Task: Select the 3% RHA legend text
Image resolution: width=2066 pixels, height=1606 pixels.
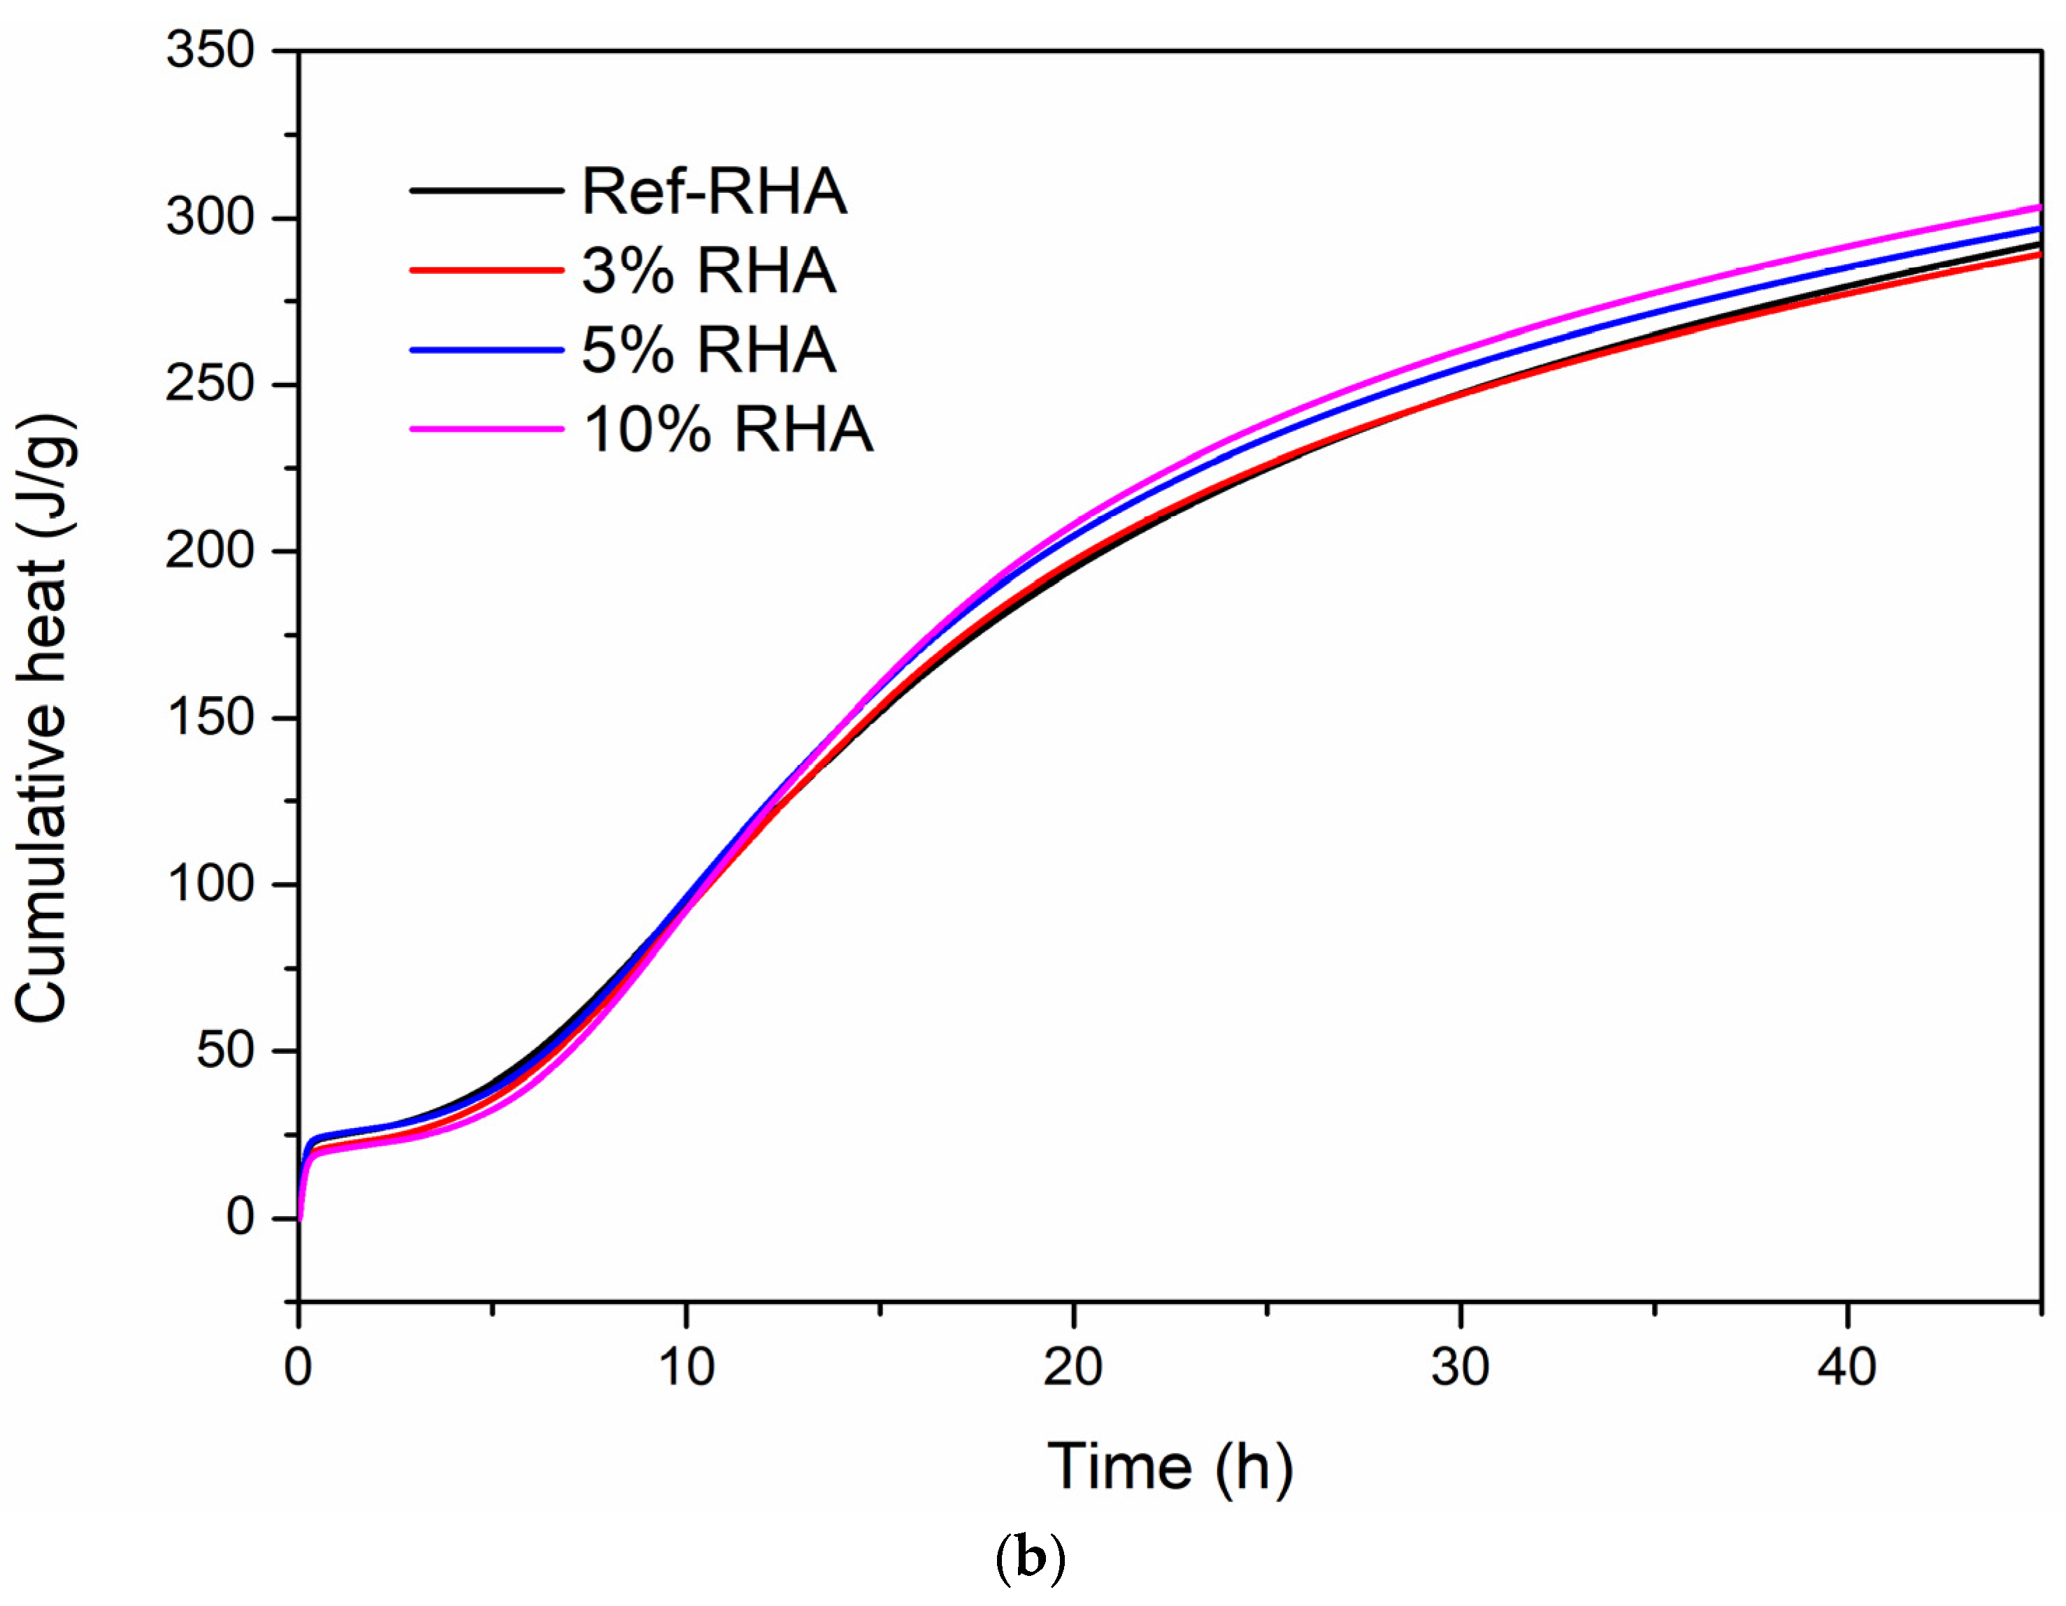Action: coord(708,271)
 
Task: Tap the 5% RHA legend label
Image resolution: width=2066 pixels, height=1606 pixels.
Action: coord(708,350)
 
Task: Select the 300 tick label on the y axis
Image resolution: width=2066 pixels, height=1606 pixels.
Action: coord(210,217)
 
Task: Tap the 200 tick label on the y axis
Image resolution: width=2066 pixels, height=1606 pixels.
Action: coord(210,551)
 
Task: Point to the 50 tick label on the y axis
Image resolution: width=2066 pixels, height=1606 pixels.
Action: coord(225,1050)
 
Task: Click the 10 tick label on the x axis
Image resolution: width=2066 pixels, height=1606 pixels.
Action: coord(686,1368)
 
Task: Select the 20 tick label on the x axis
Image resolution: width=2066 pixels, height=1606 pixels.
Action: coord(1073,1368)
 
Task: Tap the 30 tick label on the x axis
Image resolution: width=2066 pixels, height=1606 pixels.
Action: coord(1460,1368)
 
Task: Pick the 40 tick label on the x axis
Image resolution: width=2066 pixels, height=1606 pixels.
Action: coord(1846,1368)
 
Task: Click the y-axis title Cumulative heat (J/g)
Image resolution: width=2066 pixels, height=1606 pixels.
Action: coord(43,719)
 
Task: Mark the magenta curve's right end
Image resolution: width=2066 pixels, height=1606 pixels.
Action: coord(2037,207)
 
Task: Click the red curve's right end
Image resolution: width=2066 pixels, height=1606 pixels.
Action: coord(2037,254)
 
